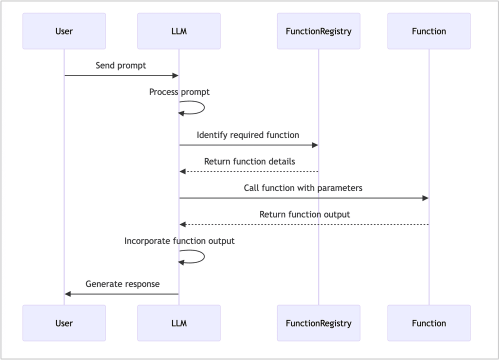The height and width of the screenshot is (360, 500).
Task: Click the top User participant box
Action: [x=64, y=31]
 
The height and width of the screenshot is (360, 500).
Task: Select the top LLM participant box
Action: [x=179, y=31]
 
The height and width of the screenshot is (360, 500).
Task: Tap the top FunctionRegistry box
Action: [x=318, y=31]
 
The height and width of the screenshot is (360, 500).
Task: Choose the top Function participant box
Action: [x=429, y=31]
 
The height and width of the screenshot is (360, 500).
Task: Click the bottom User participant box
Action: [x=64, y=323]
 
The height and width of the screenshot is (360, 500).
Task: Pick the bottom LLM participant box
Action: [x=179, y=323]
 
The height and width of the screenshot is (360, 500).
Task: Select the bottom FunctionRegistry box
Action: [x=318, y=323]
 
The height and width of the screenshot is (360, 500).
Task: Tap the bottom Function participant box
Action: [x=429, y=323]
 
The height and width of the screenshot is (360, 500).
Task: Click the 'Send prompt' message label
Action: [x=121, y=65]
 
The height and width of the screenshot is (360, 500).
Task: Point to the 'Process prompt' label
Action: [x=179, y=92]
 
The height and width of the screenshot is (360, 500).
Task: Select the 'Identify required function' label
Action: [x=248, y=135]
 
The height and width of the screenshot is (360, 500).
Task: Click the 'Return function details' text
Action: [x=249, y=161]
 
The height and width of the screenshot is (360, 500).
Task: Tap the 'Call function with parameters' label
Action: [x=303, y=188]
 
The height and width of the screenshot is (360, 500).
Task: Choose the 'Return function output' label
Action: [x=304, y=214]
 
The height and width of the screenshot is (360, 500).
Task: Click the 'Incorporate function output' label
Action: [x=179, y=241]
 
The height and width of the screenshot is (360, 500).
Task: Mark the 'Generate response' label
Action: [x=122, y=284]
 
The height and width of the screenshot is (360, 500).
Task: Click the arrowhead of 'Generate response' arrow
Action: [x=68, y=294]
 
